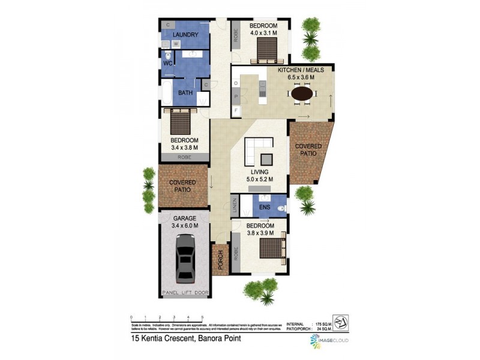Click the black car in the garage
[185, 259]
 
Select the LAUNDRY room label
[185, 35]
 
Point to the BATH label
[185, 93]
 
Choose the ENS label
[265, 208]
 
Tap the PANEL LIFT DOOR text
[185, 293]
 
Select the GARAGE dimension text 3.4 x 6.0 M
[185, 226]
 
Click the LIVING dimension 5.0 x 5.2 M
[259, 179]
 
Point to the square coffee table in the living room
[266, 158]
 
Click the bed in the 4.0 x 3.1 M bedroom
[263, 52]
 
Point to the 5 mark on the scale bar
[203, 317]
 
